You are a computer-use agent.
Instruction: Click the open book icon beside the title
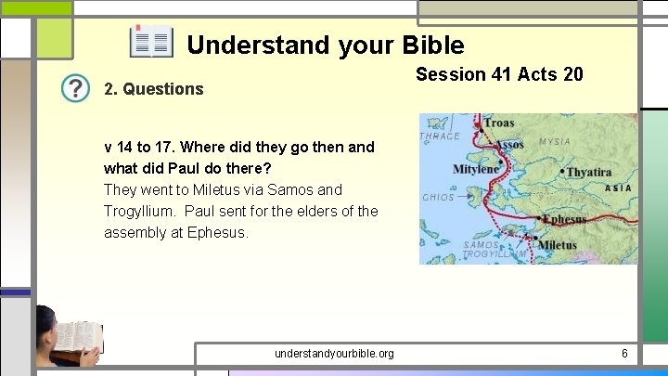tap(150, 43)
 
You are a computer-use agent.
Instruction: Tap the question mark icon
tap(75, 89)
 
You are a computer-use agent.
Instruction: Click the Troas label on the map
tap(498, 123)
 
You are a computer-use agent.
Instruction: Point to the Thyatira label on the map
tap(590, 172)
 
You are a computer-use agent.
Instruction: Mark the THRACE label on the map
tap(440, 136)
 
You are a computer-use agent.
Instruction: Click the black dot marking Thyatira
tap(561, 171)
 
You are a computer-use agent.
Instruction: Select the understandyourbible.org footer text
tap(334, 353)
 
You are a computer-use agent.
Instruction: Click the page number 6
tap(624, 353)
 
